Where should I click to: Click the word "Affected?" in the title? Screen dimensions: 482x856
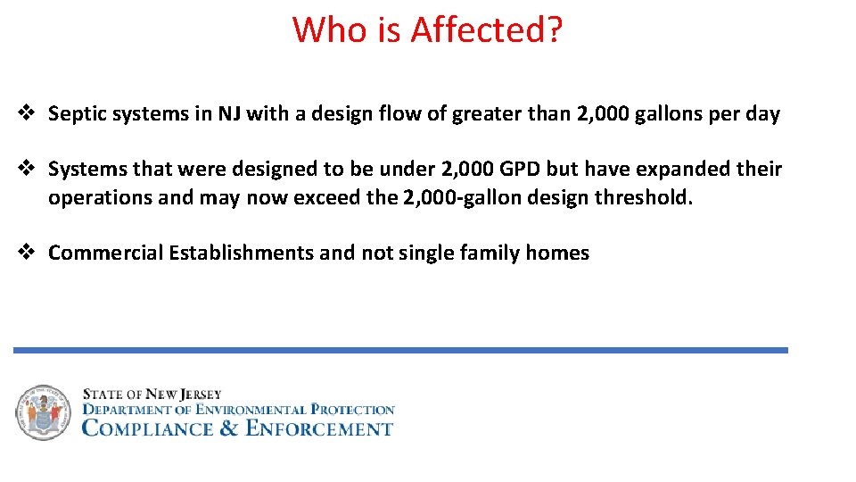(x=487, y=29)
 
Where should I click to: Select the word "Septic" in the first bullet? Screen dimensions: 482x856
(x=74, y=114)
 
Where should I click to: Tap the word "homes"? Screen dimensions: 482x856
(x=557, y=253)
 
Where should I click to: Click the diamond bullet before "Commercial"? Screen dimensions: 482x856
(x=27, y=253)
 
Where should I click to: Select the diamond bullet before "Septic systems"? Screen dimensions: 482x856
(x=27, y=113)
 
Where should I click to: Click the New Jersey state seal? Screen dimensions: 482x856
(x=42, y=412)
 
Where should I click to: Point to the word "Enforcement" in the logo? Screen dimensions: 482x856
(x=318, y=428)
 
